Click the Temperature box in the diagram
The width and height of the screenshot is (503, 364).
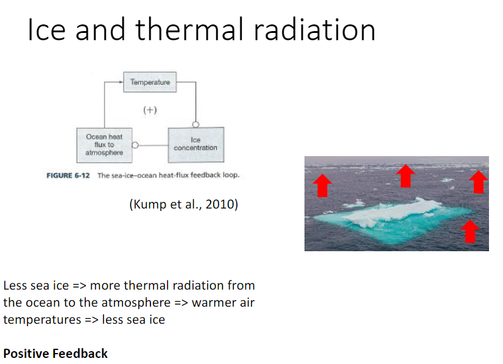pyautogui.click(x=150, y=82)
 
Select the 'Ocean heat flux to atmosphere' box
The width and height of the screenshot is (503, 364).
pyautogui.click(x=104, y=145)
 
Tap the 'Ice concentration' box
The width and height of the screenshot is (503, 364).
pyautogui.click(x=195, y=145)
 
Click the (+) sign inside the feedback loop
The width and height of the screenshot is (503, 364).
pyautogui.click(x=150, y=110)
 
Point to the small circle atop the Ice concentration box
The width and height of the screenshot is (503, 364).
pyautogui.click(x=195, y=124)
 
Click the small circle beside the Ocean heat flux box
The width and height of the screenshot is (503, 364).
pyautogui.click(x=135, y=146)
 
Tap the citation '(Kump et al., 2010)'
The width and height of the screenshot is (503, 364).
pyautogui.click(x=183, y=204)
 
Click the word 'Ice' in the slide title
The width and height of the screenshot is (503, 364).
pyautogui.click(x=46, y=30)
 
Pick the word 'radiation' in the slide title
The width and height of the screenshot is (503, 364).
pyautogui.click(x=317, y=30)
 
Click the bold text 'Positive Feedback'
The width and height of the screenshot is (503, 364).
pyautogui.click(x=55, y=353)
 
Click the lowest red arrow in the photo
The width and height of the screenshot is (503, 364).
pyautogui.click(x=469, y=231)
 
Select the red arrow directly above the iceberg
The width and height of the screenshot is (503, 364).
pyautogui.click(x=405, y=176)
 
